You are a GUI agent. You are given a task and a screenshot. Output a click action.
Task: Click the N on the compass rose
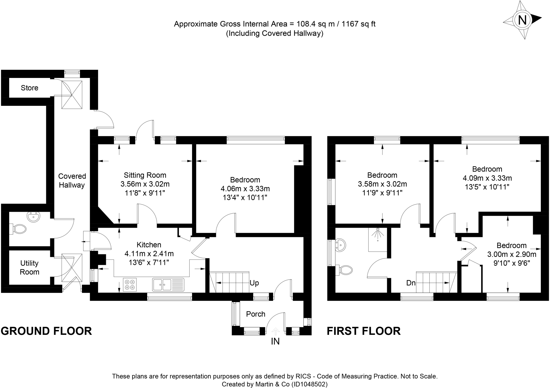click(522, 20)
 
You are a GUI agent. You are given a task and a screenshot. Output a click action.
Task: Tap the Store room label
click(30, 88)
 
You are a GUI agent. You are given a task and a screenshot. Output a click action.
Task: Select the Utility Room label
click(29, 268)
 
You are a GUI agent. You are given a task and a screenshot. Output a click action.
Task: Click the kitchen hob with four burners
click(130, 285)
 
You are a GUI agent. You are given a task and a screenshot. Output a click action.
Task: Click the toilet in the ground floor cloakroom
click(19, 229)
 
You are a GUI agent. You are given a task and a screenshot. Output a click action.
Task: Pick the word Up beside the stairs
click(254, 283)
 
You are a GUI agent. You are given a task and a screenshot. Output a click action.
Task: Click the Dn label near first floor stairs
click(411, 283)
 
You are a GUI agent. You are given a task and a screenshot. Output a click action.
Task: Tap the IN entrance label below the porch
click(275, 342)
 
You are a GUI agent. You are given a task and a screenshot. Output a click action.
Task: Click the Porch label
click(255, 314)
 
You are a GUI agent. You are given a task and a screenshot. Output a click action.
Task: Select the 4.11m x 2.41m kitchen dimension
click(149, 254)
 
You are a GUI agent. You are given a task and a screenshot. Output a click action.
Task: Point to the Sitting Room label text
click(145, 175)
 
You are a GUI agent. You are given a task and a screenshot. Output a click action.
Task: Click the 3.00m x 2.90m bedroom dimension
click(512, 254)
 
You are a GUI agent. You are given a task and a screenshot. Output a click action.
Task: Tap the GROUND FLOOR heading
click(46, 331)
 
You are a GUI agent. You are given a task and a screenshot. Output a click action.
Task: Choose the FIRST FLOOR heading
click(364, 331)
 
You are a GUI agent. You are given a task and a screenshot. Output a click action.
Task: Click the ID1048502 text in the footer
click(310, 384)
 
